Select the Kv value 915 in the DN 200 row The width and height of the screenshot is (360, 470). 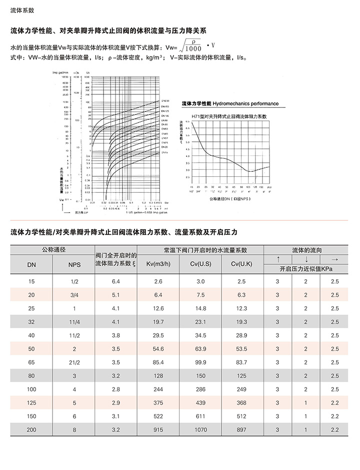158,430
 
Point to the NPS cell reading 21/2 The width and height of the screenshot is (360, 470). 74,362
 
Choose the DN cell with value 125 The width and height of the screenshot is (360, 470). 31,403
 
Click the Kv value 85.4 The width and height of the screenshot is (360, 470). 158,362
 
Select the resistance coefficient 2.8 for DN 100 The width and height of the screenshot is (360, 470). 116,389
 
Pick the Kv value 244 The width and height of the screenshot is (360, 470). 158,389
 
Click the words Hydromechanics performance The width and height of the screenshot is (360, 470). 245,103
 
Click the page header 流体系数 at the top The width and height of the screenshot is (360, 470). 20,10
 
